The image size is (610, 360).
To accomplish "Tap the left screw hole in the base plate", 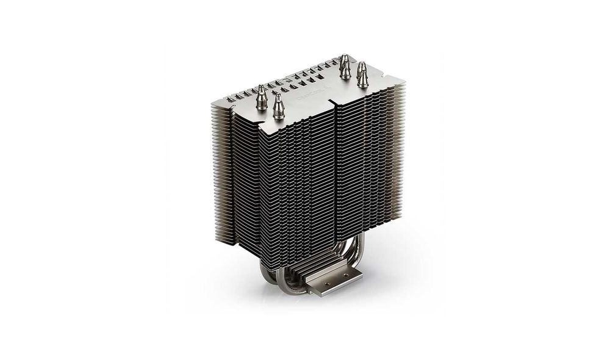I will click(317, 282).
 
